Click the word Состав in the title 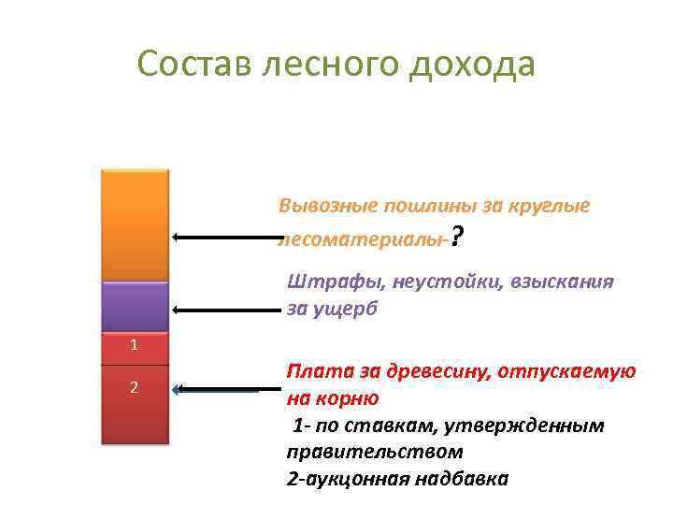click(x=192, y=65)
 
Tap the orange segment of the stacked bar click(x=135, y=224)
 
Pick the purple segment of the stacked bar click(x=135, y=307)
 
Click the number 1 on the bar click(x=135, y=345)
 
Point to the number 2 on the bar click(x=135, y=387)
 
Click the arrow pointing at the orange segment click(x=224, y=238)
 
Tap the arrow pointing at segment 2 click(x=217, y=389)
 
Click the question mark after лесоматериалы click(x=456, y=238)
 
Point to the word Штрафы click(x=322, y=282)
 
